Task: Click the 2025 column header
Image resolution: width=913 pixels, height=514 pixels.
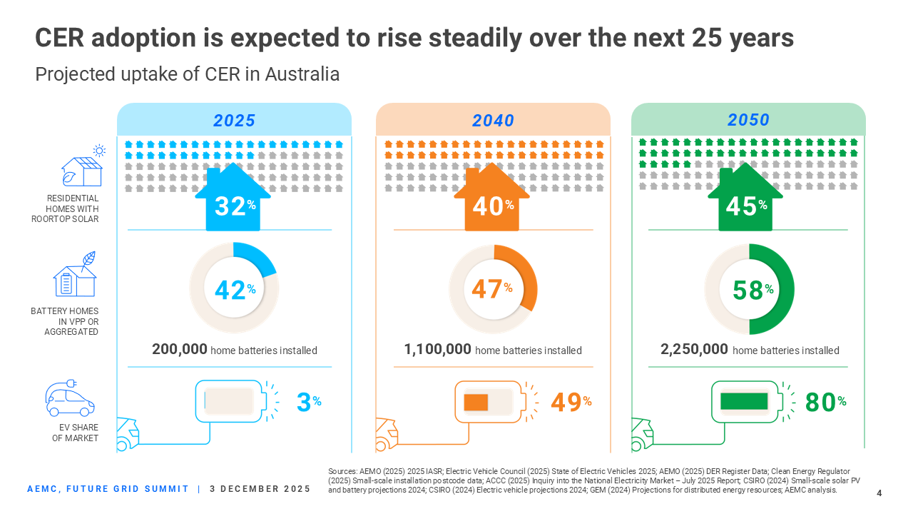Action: [x=235, y=120]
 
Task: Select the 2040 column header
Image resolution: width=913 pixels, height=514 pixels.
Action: [x=493, y=120]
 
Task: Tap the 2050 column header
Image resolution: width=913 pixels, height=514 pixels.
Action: [x=748, y=120]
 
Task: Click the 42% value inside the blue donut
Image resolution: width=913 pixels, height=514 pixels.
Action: [x=234, y=290]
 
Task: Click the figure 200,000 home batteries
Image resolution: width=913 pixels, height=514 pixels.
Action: [x=180, y=350]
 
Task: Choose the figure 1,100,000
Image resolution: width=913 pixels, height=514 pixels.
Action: [x=437, y=350]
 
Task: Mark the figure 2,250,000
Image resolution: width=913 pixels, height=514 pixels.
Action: [x=694, y=350]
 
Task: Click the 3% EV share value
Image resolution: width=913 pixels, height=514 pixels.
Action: [x=308, y=402]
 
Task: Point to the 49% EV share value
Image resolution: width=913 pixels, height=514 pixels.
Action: [x=571, y=402]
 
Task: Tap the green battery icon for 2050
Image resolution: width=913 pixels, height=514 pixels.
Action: [x=745, y=401]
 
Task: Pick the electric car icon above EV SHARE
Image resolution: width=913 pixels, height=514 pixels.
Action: [x=70, y=398]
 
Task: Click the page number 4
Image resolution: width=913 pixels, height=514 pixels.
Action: [x=879, y=493]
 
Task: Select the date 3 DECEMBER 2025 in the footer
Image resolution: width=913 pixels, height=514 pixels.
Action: [x=260, y=489]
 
